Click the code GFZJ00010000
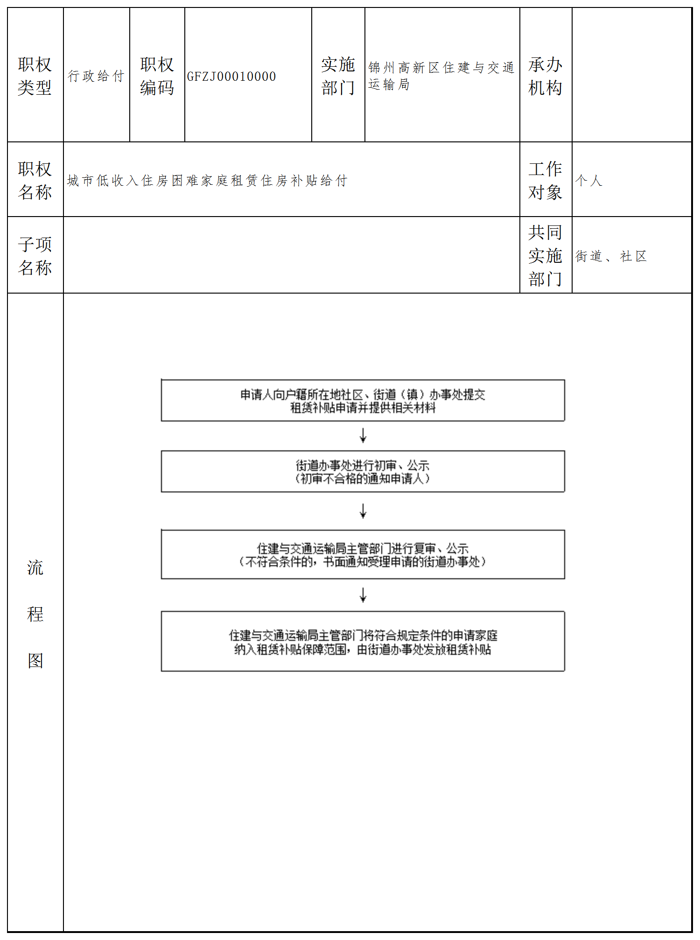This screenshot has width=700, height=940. pyautogui.click(x=231, y=77)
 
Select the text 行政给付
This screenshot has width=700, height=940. pyautogui.click(x=96, y=76)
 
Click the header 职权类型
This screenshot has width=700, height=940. pyautogui.click(x=35, y=76)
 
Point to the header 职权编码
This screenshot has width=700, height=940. pyautogui.click(x=157, y=76)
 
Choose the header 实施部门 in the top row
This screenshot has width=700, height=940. pyautogui.click(x=338, y=76)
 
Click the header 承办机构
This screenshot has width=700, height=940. pyautogui.click(x=545, y=76)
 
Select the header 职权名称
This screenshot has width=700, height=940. pyautogui.click(x=35, y=181)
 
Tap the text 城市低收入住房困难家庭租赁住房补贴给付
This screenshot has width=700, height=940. pyautogui.click(x=207, y=181)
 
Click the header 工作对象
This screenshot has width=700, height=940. pyautogui.click(x=545, y=181)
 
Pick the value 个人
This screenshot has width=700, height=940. pyautogui.click(x=589, y=181)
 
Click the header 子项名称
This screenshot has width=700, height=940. pyautogui.click(x=35, y=256)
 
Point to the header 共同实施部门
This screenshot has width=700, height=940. pyautogui.click(x=545, y=256)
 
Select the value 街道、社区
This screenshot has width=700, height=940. pyautogui.click(x=611, y=256)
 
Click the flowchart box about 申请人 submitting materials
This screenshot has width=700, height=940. pyautogui.click(x=363, y=401)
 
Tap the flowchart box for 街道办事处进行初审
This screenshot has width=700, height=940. pyautogui.click(x=363, y=471)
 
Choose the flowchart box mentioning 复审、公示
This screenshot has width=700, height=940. pyautogui.click(x=363, y=554)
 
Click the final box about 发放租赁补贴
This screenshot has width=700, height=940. pyautogui.click(x=363, y=642)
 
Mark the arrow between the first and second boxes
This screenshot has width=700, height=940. pyautogui.click(x=363, y=436)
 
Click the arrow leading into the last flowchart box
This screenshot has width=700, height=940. pyautogui.click(x=363, y=595)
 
